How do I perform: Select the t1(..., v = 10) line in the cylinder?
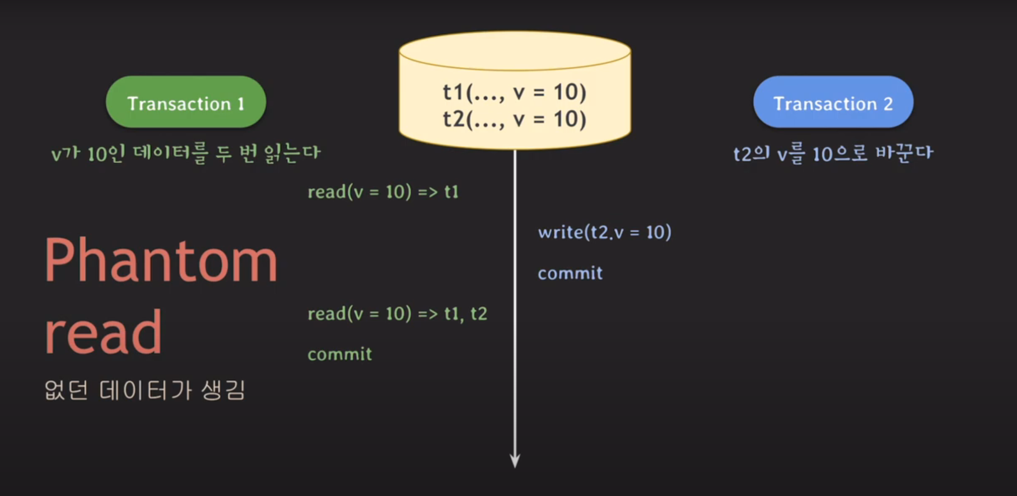coord(514,92)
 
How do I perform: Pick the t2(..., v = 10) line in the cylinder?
coord(514,119)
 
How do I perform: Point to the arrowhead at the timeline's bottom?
coord(515,461)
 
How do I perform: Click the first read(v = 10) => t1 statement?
coord(383,192)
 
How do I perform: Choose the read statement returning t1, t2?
coord(397,314)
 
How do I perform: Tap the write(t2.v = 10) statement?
coord(604,232)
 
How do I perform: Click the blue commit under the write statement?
coord(570,273)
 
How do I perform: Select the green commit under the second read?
coord(339,354)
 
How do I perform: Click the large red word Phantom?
coord(161,260)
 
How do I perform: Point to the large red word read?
coord(104,333)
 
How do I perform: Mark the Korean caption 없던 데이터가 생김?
coord(144,390)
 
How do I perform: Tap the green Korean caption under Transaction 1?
coord(185,153)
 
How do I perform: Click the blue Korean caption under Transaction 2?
coord(833,153)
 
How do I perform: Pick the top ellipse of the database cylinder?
coord(515,50)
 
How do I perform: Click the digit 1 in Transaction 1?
coord(241,104)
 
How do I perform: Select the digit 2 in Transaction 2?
coord(888,104)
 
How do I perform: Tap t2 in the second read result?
coord(478,314)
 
